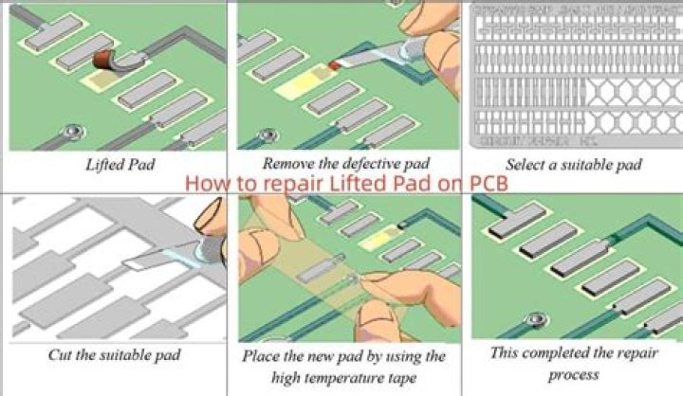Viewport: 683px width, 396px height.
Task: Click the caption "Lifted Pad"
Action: pyautogui.click(x=117, y=165)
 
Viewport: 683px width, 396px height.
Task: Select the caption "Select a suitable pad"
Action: pyautogui.click(x=573, y=164)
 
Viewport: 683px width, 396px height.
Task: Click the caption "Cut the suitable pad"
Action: pyautogui.click(x=115, y=356)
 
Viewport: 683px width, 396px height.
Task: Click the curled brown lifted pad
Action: pyautogui.click(x=107, y=61)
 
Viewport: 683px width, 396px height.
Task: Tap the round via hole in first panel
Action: pyautogui.click(x=67, y=130)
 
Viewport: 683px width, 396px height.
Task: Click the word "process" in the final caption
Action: pyautogui.click(x=572, y=374)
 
